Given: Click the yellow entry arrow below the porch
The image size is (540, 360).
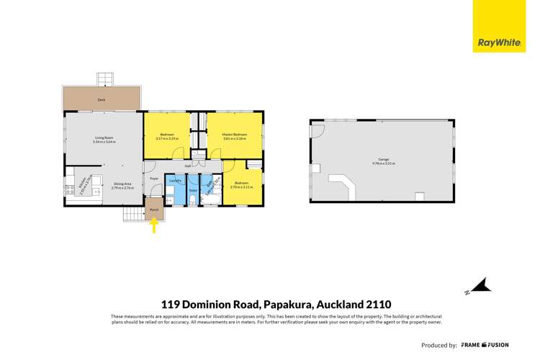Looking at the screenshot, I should (153, 226).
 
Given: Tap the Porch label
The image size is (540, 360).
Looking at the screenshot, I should (153, 210).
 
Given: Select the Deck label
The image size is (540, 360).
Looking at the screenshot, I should (102, 100).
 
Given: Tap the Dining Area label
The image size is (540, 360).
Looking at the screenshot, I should (122, 184).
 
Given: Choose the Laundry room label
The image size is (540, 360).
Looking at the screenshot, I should (174, 180).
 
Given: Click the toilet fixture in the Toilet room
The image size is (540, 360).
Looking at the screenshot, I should (193, 199).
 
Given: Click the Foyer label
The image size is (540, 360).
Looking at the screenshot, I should (153, 177).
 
